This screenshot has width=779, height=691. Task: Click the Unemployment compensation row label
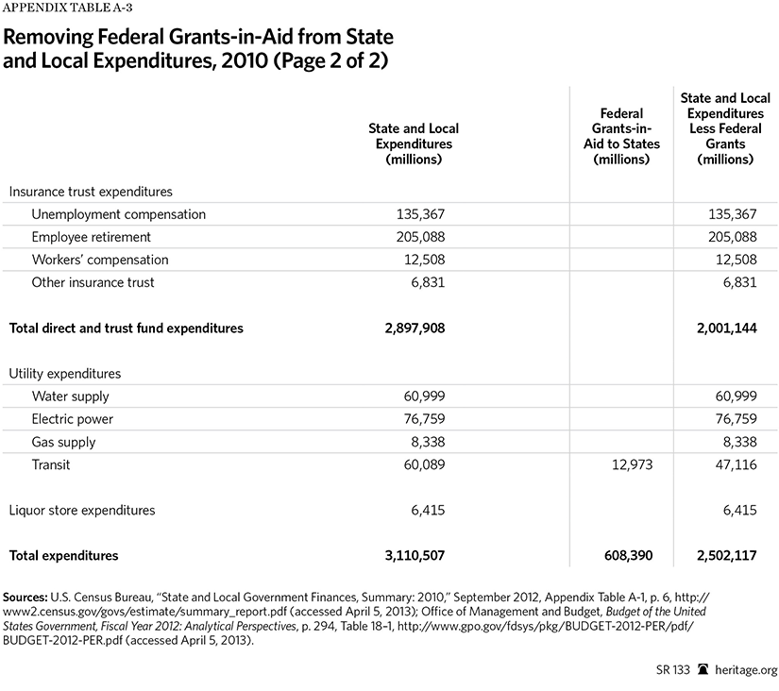(118, 214)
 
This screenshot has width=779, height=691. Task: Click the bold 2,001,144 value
(721, 329)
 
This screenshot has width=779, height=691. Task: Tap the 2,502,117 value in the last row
(721, 556)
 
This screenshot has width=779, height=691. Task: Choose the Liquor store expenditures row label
(82, 511)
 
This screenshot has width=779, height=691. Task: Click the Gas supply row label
(64, 442)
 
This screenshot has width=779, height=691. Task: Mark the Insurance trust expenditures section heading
(91, 192)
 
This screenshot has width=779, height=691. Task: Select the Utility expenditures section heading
(65, 374)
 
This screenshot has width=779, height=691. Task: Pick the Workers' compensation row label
(100, 260)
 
